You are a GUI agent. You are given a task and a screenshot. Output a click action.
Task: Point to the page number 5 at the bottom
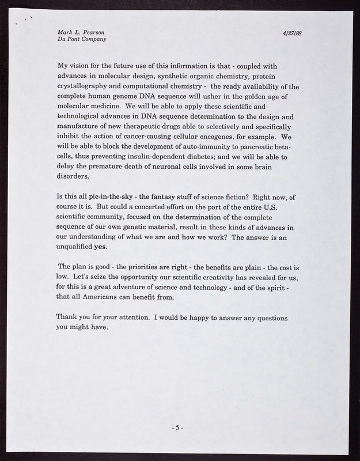[x=178, y=428]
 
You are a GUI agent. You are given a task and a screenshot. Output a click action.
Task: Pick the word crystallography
[x=88, y=87]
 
